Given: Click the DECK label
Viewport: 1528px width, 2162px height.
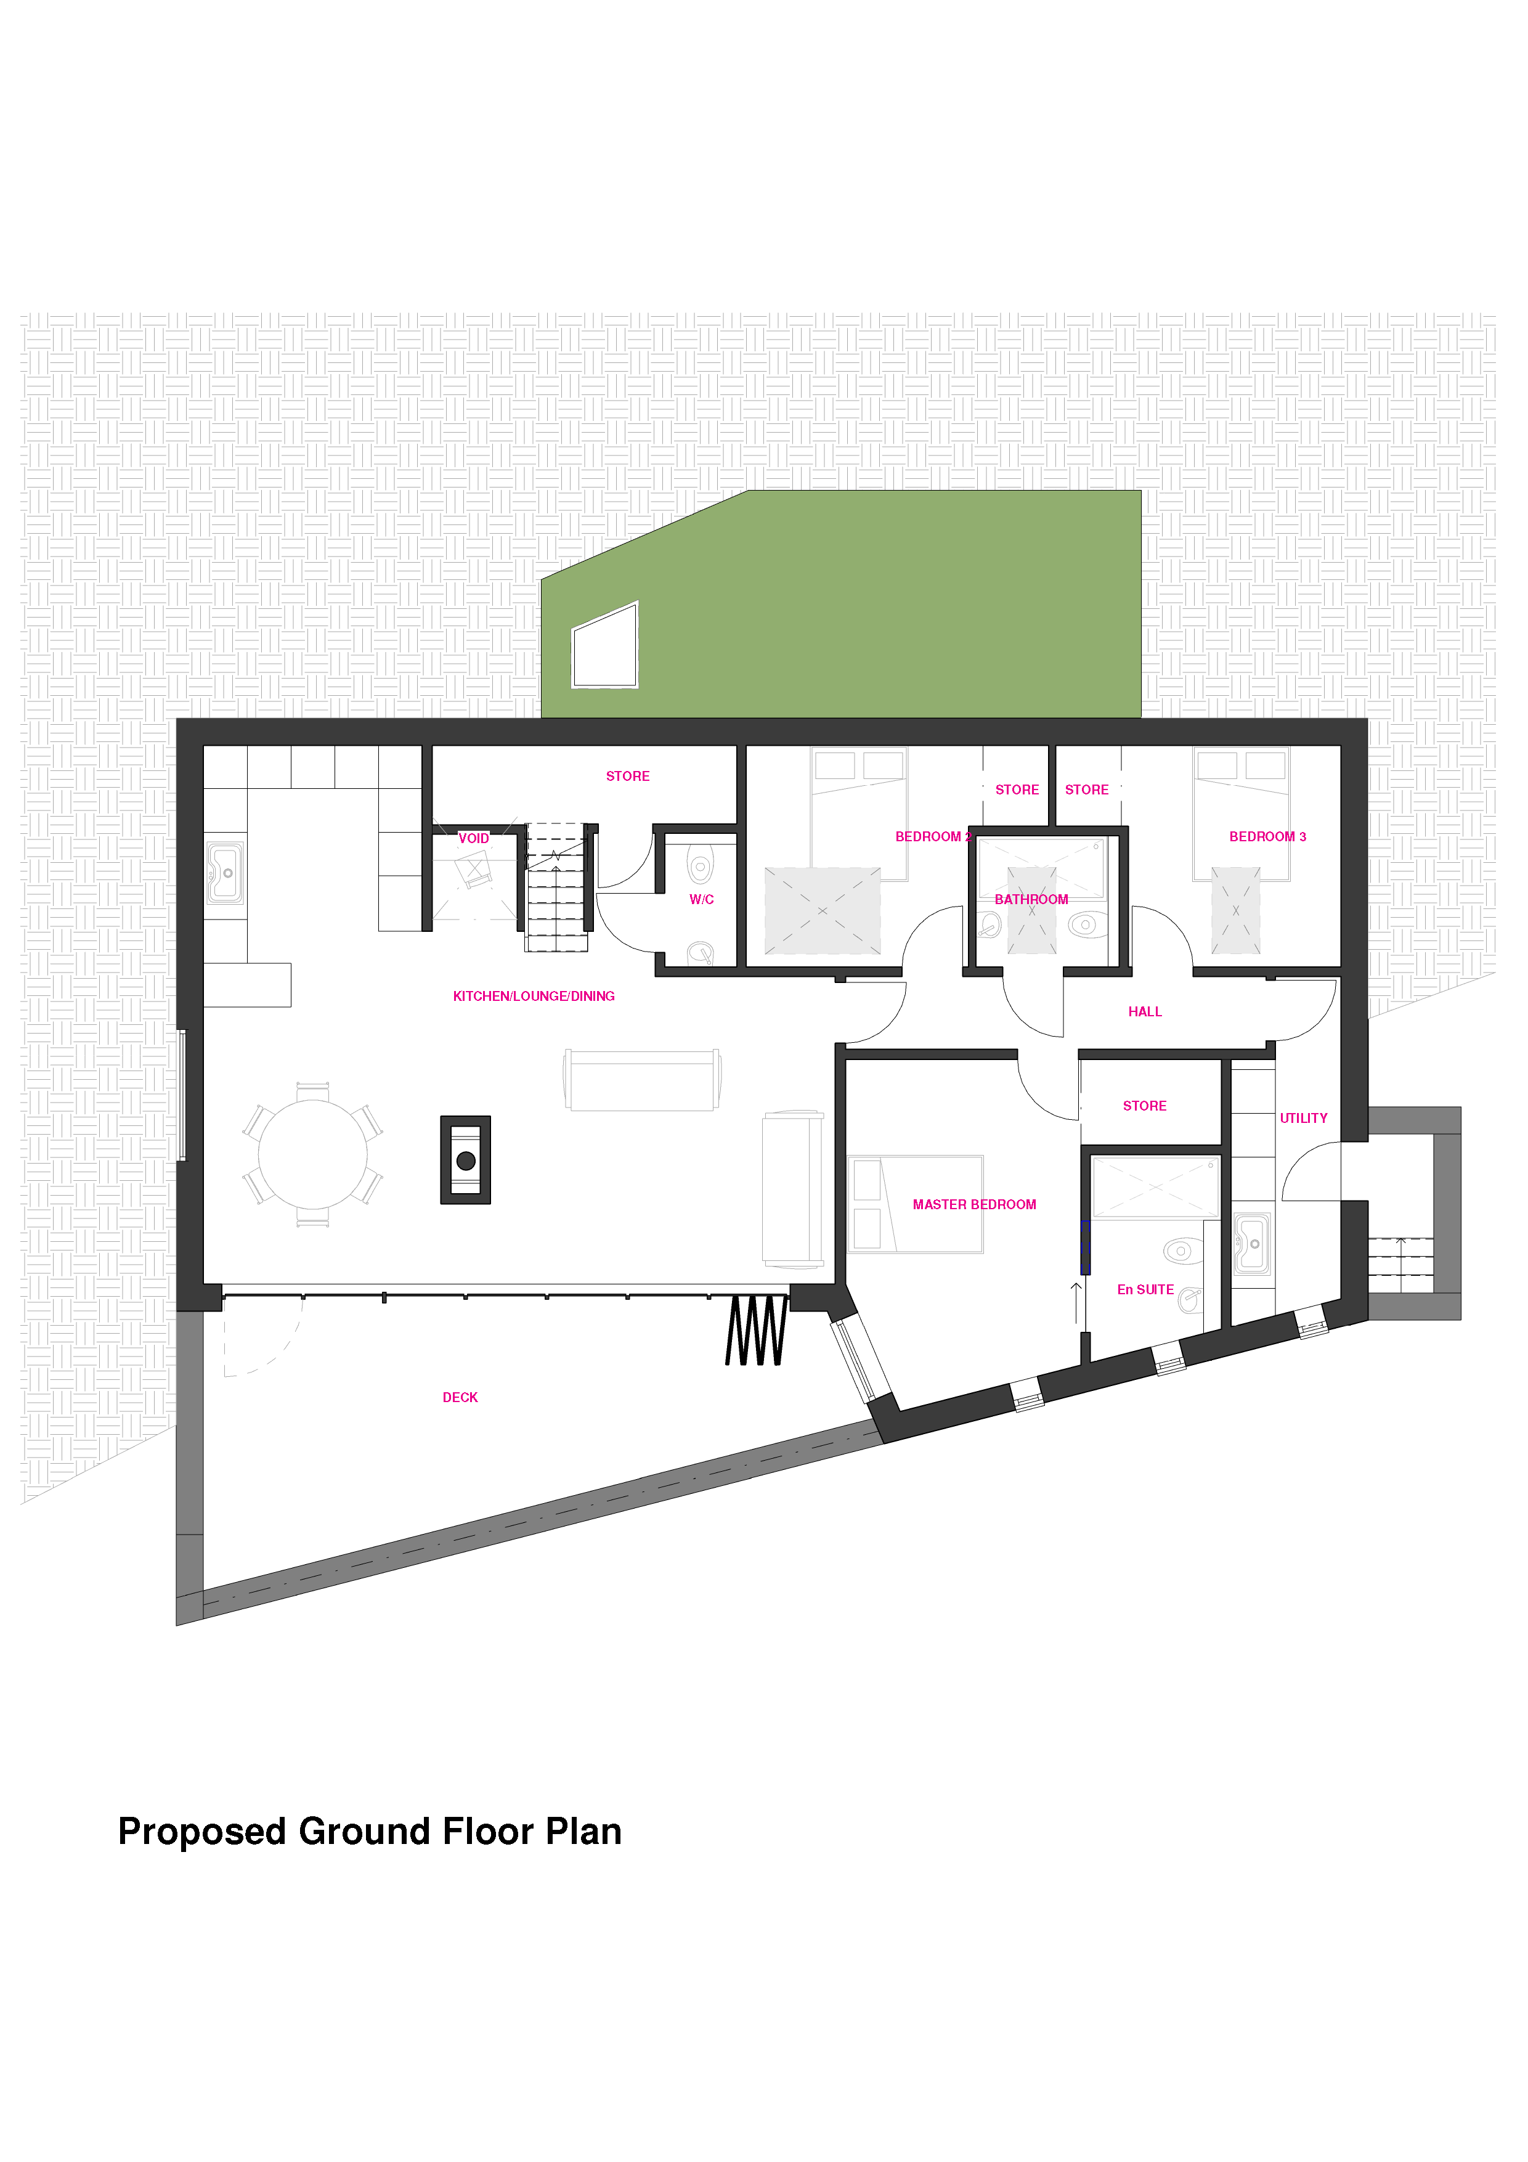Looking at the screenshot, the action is [460, 1397].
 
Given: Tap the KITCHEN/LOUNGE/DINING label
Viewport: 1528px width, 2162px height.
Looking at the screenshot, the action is [534, 996].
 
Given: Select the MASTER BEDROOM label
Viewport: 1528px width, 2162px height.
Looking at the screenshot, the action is [975, 1204].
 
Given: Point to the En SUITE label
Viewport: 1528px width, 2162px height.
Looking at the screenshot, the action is [1146, 1290].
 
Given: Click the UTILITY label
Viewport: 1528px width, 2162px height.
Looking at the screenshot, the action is [1304, 1119].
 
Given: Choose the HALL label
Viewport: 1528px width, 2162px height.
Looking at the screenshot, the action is [1146, 1012].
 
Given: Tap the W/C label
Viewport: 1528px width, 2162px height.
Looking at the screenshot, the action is [701, 899].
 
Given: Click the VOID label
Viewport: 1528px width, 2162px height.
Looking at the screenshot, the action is [474, 838].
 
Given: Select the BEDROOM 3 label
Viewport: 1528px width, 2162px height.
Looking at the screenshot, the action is [1268, 836].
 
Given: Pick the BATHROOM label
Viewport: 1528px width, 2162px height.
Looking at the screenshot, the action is [1032, 899].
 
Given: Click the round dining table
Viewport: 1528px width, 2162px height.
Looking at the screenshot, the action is [314, 1154].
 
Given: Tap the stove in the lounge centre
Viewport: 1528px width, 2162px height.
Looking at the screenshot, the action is [466, 1160].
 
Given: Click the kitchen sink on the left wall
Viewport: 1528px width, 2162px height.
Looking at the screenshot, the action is [225, 873].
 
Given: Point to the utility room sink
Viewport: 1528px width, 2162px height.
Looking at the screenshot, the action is [1252, 1244].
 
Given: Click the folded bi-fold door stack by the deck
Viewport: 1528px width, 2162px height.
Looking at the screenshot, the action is [756, 1331].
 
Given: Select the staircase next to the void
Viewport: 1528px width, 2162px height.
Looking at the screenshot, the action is [556, 887].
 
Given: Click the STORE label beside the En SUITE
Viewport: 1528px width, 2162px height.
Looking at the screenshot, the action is [1145, 1106].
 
